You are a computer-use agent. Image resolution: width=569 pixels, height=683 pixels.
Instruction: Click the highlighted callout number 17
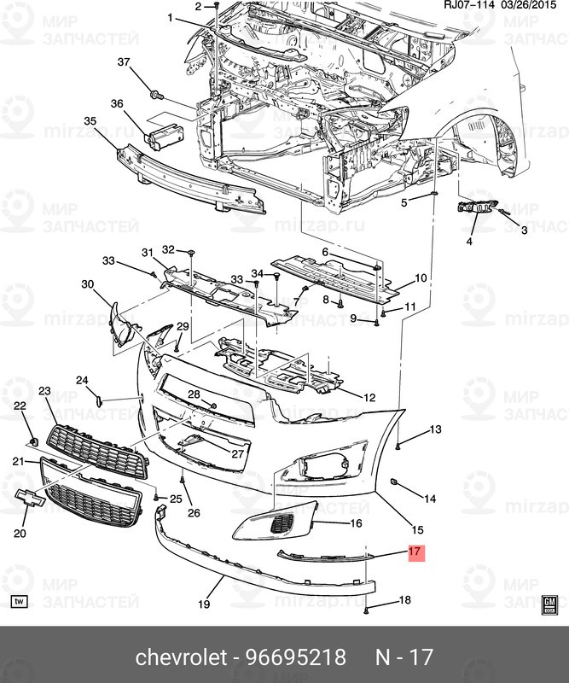point(415,552)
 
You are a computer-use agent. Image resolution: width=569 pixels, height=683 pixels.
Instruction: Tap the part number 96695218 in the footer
point(296,657)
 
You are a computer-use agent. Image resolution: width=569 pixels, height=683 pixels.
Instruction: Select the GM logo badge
point(549,604)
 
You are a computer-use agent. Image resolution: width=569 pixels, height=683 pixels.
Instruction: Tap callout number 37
point(124,62)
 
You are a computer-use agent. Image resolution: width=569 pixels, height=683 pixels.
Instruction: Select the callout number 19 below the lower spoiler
point(204,604)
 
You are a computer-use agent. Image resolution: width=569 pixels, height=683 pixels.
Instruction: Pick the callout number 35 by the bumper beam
point(90,123)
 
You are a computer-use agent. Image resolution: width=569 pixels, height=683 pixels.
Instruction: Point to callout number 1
point(170,18)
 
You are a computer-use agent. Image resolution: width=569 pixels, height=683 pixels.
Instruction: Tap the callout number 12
point(369,398)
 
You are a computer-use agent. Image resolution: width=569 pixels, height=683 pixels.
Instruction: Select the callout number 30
point(88,283)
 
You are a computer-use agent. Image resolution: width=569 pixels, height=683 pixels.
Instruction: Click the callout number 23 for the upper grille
point(44,390)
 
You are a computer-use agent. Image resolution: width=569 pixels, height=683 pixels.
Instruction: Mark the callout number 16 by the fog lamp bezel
point(356,522)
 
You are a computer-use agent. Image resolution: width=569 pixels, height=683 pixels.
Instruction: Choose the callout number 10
point(421,278)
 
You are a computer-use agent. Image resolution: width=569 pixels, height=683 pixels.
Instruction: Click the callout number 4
point(469,242)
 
